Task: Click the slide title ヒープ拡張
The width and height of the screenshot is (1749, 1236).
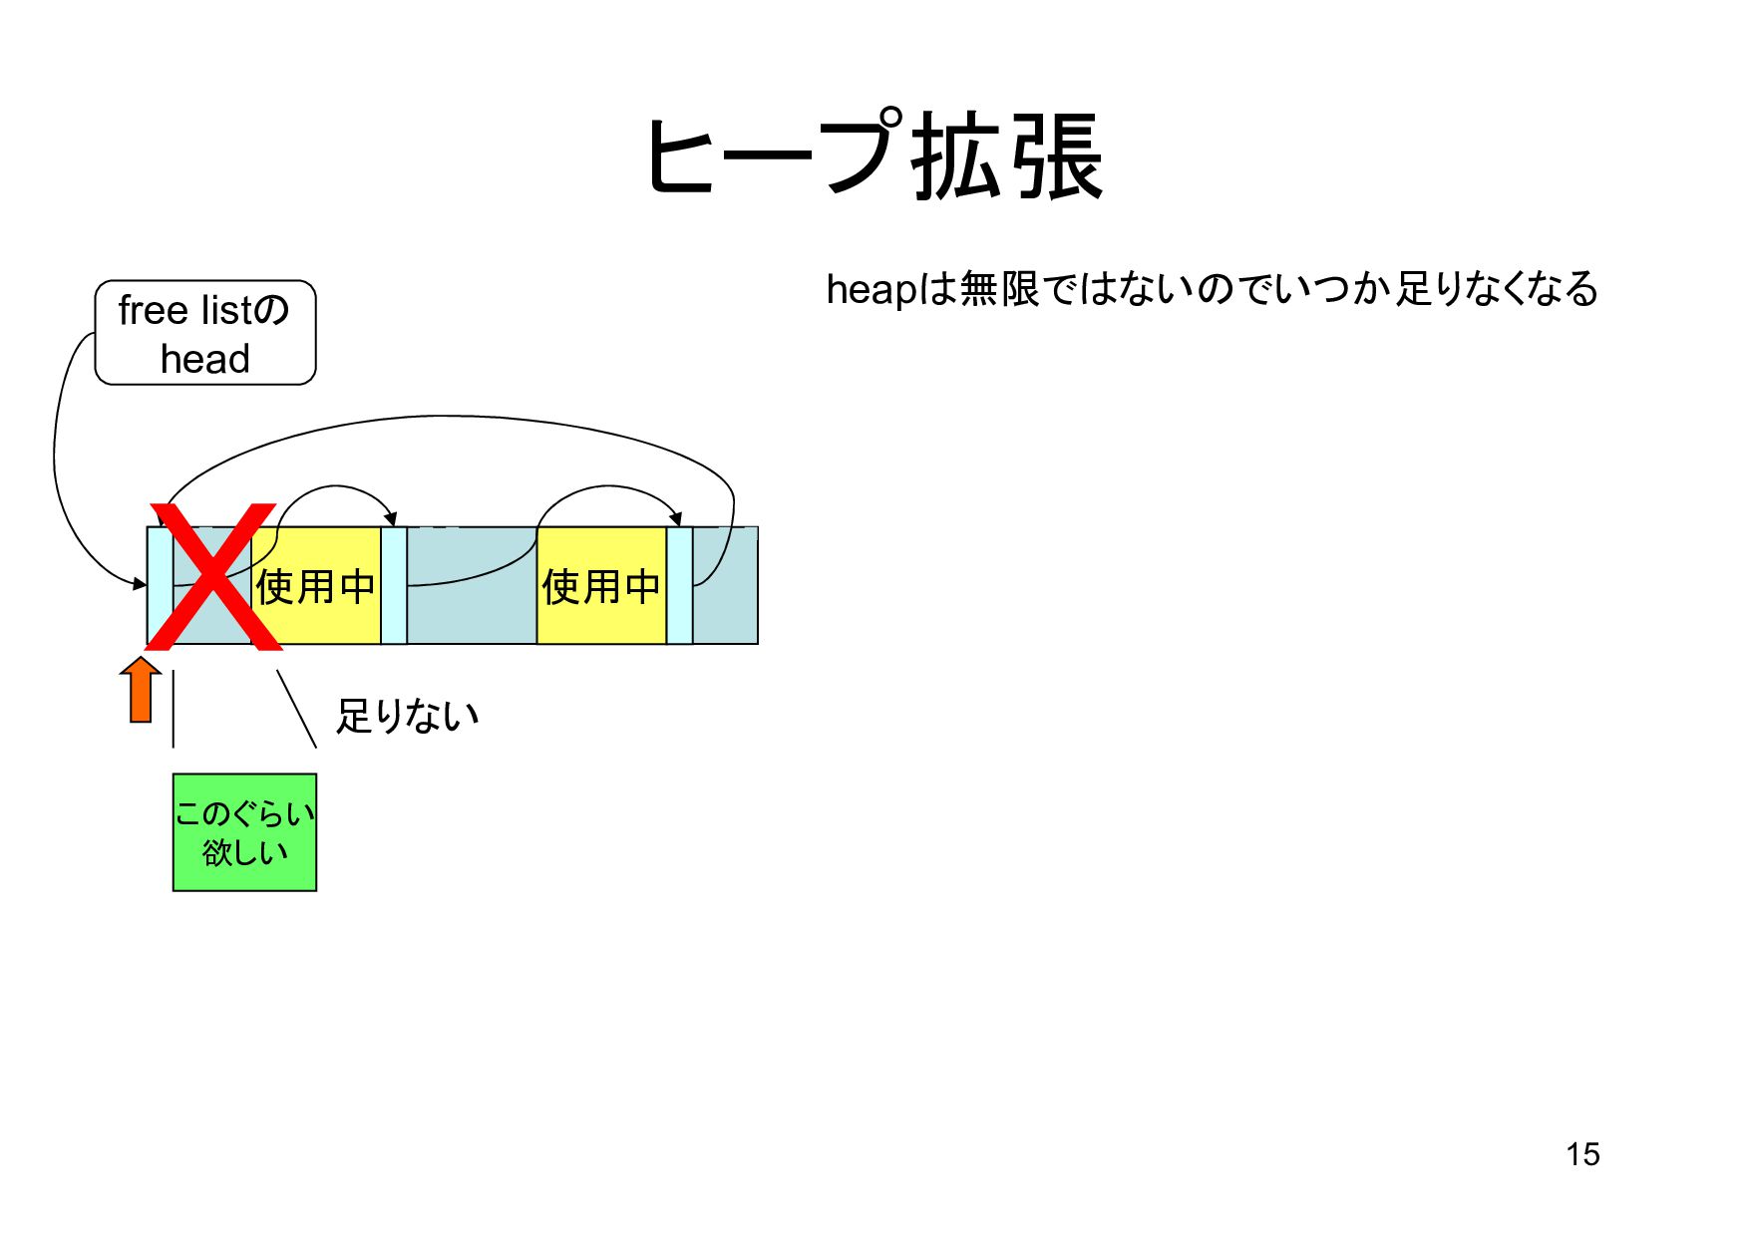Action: (874, 156)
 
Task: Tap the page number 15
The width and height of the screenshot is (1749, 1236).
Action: (1581, 1154)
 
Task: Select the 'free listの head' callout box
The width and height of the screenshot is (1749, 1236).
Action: (205, 333)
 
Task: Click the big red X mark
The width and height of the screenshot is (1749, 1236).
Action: (214, 577)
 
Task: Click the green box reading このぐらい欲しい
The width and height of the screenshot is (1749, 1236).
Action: (244, 832)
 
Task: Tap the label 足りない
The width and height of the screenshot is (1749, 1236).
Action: (407, 716)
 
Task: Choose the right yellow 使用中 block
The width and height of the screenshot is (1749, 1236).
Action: (601, 586)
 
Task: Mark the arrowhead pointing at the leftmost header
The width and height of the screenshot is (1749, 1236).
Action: (141, 583)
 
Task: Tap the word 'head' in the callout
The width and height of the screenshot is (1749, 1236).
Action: (205, 359)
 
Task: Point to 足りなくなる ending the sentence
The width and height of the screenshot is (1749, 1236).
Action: (1496, 289)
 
